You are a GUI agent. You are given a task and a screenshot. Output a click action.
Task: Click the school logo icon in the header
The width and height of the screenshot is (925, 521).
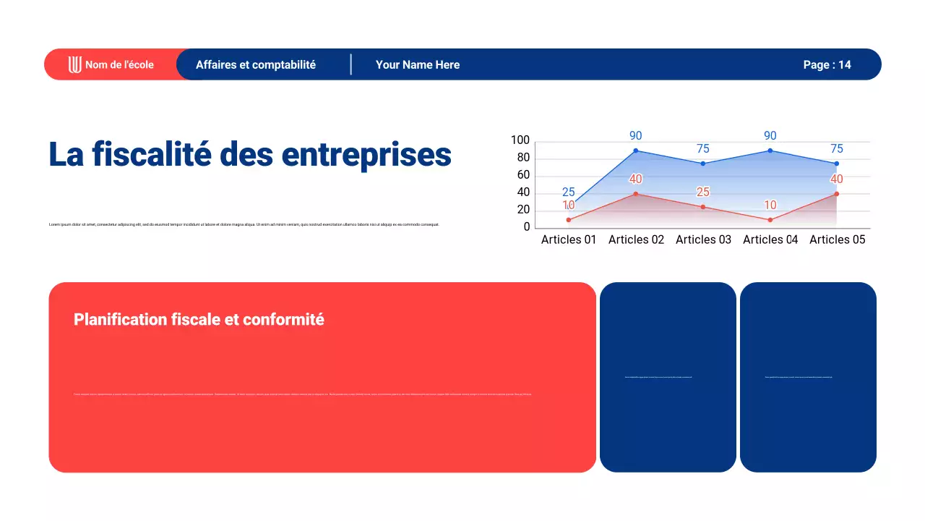click(75, 64)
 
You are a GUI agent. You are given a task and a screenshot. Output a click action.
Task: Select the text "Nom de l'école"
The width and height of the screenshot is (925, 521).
click(119, 64)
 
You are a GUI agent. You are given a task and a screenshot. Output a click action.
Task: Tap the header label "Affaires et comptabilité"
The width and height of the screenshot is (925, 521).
click(256, 64)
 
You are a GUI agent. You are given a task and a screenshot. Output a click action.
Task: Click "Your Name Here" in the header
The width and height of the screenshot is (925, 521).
click(418, 64)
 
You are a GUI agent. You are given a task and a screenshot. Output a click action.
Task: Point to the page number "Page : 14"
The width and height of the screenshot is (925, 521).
click(827, 64)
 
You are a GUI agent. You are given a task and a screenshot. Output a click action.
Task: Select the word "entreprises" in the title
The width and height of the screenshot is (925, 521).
click(366, 154)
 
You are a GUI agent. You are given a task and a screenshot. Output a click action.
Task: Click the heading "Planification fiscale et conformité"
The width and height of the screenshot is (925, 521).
click(199, 319)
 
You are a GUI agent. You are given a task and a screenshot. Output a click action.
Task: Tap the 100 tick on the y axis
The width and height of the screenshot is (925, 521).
click(520, 140)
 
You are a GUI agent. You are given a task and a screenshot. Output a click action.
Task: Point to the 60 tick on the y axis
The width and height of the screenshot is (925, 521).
click(523, 175)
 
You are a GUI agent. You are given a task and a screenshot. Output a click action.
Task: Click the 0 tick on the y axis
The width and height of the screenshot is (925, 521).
click(527, 227)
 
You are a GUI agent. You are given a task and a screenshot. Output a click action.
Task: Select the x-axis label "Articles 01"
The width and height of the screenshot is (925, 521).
click(569, 240)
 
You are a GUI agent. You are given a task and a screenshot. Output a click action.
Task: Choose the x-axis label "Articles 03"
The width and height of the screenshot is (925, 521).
click(703, 240)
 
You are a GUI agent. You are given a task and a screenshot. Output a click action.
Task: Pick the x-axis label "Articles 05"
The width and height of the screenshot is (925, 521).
click(837, 240)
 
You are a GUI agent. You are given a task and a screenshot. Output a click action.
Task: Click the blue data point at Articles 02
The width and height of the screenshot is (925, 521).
click(636, 151)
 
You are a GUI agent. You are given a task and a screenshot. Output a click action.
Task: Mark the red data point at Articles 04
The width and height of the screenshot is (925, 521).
click(770, 220)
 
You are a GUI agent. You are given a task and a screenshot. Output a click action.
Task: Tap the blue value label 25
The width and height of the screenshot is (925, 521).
click(569, 192)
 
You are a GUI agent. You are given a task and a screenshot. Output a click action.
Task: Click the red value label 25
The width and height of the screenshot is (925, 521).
click(703, 192)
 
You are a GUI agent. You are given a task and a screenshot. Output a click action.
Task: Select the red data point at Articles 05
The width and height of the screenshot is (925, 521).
click(837, 194)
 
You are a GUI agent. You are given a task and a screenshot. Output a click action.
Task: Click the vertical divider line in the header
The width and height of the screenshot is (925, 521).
click(351, 64)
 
